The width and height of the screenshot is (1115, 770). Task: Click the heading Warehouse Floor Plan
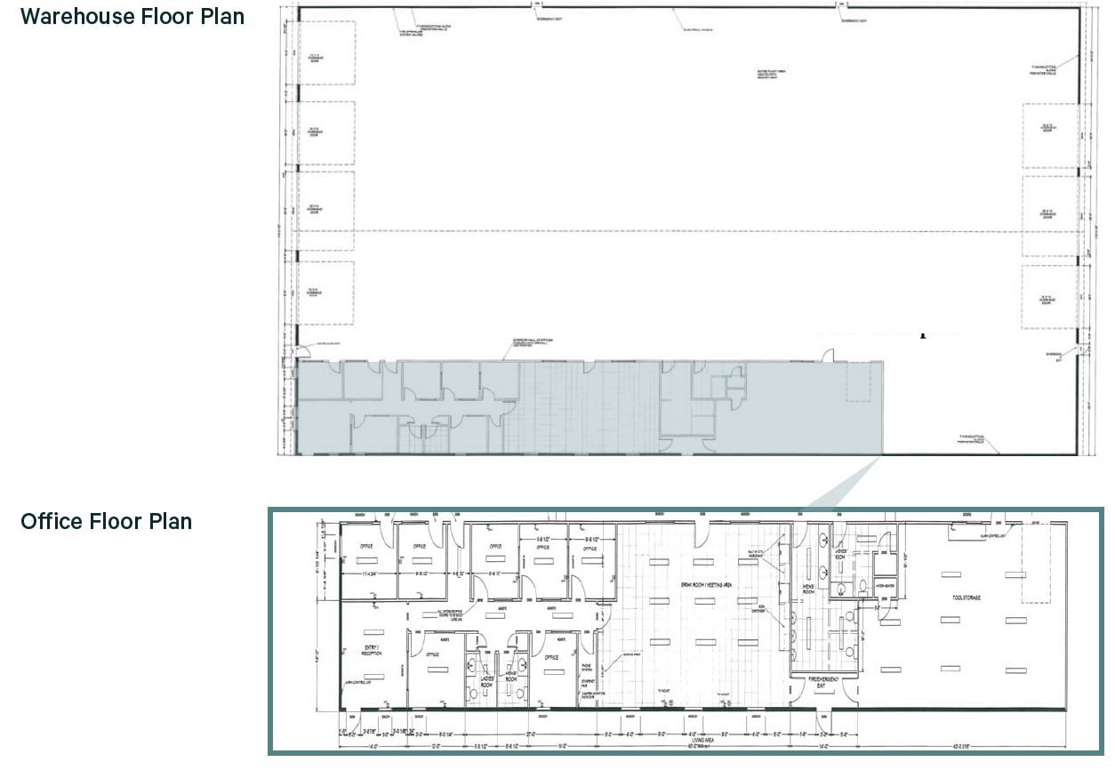tap(132, 15)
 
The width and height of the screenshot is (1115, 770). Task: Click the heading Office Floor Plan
tap(106, 521)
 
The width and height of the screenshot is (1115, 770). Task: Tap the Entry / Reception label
tap(372, 649)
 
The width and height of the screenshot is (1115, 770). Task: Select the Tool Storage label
tap(964, 598)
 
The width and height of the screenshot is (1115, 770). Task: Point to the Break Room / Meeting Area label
tap(695, 584)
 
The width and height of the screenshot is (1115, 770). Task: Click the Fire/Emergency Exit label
tap(823, 681)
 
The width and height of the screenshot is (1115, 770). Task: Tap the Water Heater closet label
tap(884, 585)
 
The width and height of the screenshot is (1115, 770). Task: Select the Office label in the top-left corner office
tap(365, 546)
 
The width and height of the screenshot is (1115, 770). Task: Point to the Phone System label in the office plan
tap(587, 659)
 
